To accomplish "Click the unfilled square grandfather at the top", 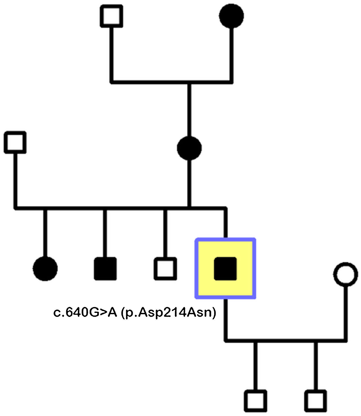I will point(111,16).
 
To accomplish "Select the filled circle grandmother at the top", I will point(232,16).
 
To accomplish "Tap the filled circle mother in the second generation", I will point(189,148).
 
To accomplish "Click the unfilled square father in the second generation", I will point(15,142).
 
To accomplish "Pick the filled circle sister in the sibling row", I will point(45,268).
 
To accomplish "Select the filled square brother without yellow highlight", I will point(105,268).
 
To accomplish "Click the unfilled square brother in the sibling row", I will point(165,268).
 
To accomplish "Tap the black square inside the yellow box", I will point(225,268).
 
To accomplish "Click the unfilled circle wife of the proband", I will point(346,274).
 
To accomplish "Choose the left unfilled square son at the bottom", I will point(255,401).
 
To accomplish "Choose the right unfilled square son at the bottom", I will point(316,401).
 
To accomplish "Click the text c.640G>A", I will point(85,313).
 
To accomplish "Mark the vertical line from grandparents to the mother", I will point(189,110).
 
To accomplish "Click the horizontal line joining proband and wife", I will point(285,341).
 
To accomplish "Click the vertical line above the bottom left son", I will point(255,366).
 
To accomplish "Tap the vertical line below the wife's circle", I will point(346,312).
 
